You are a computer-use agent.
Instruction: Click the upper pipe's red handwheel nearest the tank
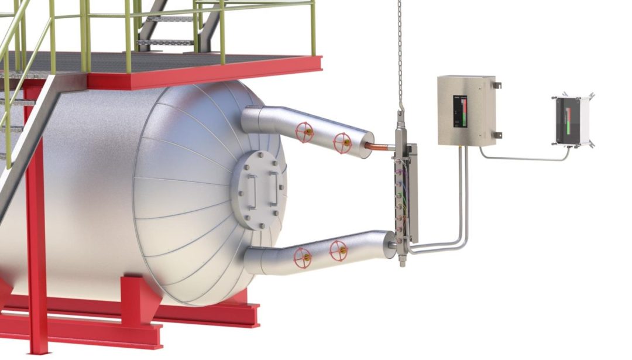304,132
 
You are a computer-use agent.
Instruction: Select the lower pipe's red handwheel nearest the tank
302,256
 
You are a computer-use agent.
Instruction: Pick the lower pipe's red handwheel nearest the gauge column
338,251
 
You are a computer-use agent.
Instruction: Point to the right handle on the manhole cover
274,186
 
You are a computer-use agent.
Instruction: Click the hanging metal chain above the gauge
400,53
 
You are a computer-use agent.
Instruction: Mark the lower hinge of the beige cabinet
497,135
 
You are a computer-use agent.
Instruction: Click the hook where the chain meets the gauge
401,116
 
